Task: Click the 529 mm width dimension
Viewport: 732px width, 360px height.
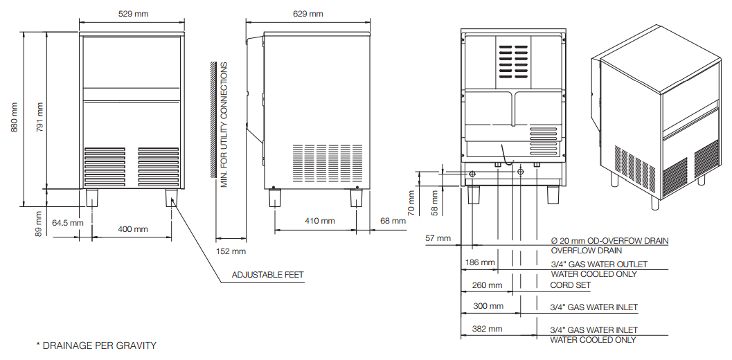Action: click(x=132, y=14)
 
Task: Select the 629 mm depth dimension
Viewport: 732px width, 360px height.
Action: click(x=307, y=14)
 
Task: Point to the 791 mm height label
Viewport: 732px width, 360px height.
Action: click(x=39, y=118)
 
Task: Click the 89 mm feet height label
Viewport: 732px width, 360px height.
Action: click(x=39, y=223)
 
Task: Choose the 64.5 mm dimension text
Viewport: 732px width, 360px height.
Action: click(x=67, y=223)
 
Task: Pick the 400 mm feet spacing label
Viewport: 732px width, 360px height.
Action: click(x=132, y=229)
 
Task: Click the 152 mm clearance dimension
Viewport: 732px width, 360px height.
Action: click(x=231, y=251)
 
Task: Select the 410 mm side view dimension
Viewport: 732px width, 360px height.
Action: click(x=319, y=222)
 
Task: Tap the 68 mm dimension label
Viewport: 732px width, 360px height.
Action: click(x=393, y=222)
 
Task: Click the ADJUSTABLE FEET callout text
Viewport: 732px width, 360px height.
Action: click(x=267, y=275)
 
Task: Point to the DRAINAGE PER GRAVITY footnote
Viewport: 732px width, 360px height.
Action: click(x=96, y=345)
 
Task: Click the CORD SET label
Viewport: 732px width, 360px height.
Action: click(x=570, y=285)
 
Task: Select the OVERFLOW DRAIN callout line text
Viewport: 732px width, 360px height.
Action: click(x=586, y=251)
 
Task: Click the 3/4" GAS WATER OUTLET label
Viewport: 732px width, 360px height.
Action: click(x=598, y=264)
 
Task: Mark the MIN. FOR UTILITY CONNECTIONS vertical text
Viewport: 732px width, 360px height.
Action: click(x=224, y=124)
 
